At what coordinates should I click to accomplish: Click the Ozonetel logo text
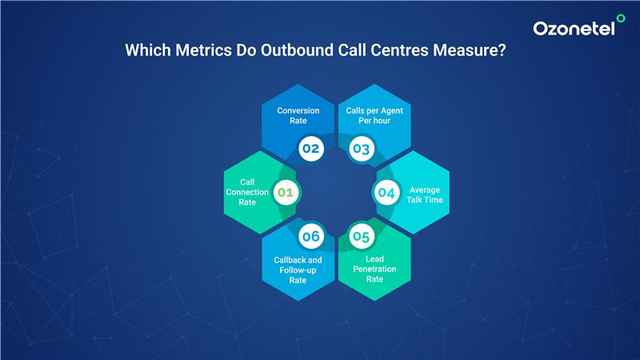[x=574, y=29]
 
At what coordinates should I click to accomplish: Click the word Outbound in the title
[x=297, y=50]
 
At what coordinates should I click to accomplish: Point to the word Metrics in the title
[x=203, y=50]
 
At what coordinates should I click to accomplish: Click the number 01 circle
[x=286, y=192]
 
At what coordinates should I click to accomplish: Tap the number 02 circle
[x=311, y=149]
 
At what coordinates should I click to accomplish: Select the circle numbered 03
[x=362, y=149]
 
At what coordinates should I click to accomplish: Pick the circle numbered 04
[x=386, y=193]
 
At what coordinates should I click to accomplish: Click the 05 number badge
[x=362, y=236]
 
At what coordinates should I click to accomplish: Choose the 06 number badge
[x=311, y=236]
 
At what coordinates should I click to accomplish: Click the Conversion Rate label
[x=298, y=115]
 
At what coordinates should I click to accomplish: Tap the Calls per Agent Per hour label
[x=374, y=115]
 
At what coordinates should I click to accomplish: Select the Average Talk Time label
[x=425, y=194]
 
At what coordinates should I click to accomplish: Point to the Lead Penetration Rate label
[x=374, y=269]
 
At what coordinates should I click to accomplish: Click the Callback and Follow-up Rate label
[x=298, y=270]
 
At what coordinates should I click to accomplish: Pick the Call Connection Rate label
[x=247, y=192]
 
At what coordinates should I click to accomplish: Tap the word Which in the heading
[x=148, y=50]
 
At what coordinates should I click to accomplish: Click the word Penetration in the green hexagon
[x=374, y=269]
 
